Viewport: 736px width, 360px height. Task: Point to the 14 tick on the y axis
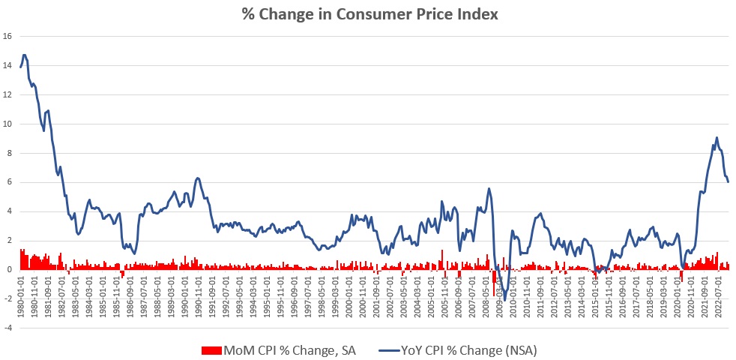(7, 65)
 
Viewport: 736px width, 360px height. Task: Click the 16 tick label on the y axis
(7, 36)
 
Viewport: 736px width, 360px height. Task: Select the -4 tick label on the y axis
(7, 328)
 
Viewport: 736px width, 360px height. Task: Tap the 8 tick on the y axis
(7, 153)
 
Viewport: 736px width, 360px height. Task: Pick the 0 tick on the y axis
(7, 269)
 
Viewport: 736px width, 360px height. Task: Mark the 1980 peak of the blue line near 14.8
(25, 55)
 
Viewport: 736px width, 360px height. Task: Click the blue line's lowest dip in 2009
(505, 300)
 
